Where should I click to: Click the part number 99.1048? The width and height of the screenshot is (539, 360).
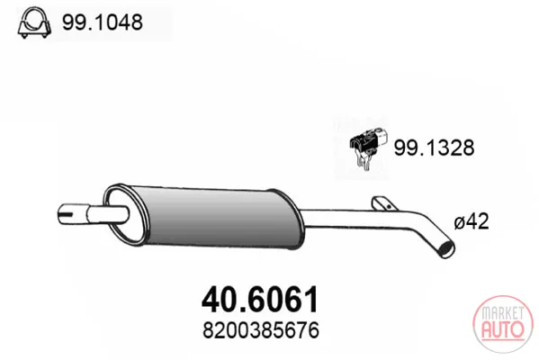click(102, 22)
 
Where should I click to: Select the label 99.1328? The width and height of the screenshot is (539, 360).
click(434, 148)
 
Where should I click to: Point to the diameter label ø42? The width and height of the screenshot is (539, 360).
click(472, 221)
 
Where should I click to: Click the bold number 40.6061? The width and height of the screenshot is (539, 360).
click(260, 299)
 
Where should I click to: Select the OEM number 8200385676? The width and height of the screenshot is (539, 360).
click(261, 330)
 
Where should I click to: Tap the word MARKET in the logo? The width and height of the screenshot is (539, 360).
click(503, 313)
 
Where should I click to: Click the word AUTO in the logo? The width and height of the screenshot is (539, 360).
click(503, 329)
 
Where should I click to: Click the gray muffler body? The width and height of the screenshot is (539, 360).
click(217, 217)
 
